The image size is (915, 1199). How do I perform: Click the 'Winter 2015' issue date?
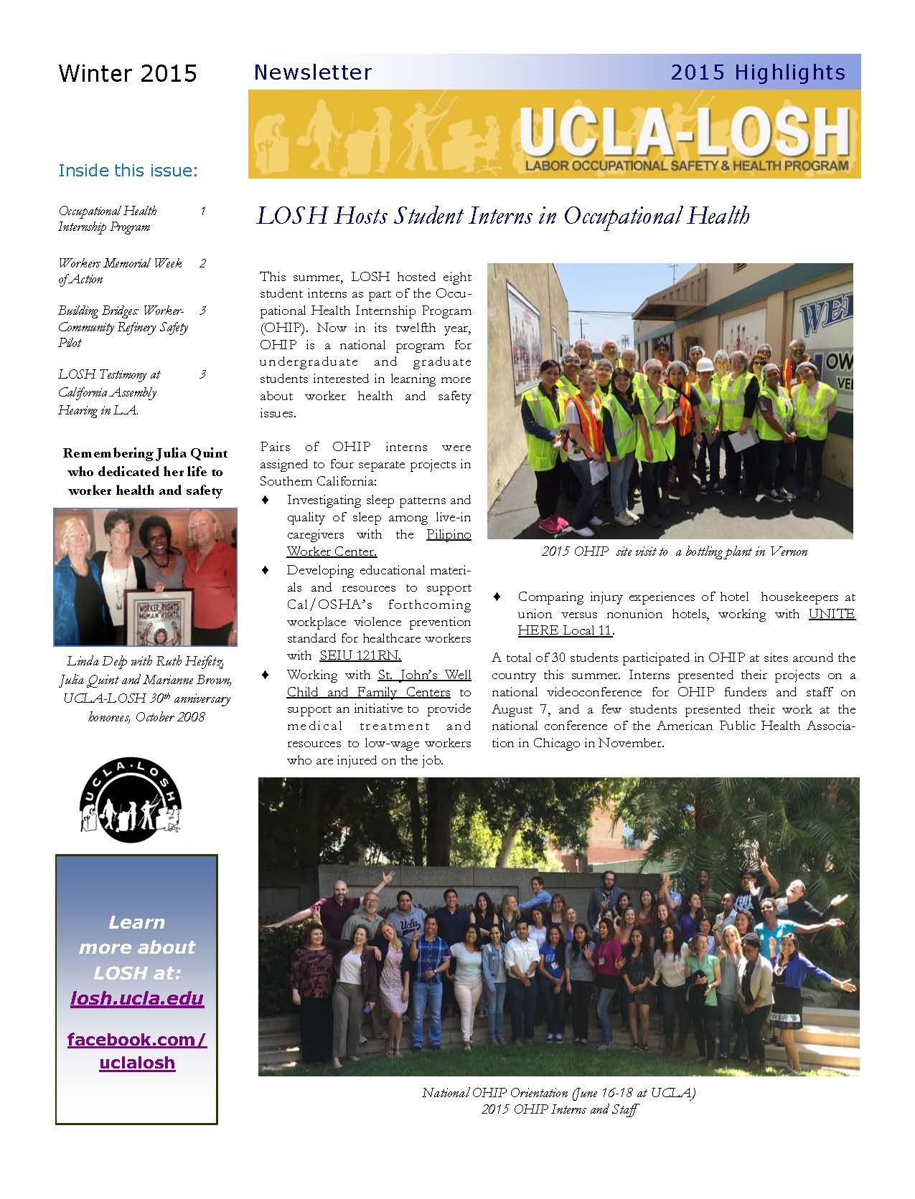pos(127,73)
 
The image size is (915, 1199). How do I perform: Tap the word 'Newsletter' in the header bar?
pos(312,72)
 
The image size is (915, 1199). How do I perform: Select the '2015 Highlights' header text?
pos(758,72)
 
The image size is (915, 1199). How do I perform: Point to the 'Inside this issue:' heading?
pos(127,171)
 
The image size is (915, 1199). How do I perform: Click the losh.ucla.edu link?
pos(136,998)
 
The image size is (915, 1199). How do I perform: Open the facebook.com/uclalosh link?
pos(136,1051)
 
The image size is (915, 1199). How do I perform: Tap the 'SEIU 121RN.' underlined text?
pos(360,655)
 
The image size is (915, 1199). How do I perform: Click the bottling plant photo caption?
pos(674,551)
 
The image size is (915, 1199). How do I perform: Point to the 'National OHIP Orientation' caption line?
pos(558,1093)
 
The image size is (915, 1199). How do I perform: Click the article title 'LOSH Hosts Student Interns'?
pos(502,216)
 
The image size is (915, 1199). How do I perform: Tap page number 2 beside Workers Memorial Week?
pos(202,263)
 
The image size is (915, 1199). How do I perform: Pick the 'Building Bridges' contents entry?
pos(122,326)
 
